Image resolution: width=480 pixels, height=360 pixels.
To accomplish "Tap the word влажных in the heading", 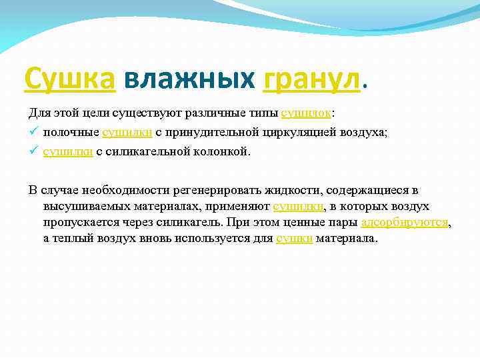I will (x=190, y=79).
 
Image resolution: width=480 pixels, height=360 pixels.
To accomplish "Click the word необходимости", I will (x=114, y=190).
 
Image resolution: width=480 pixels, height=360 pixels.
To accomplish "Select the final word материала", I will (x=346, y=238).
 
